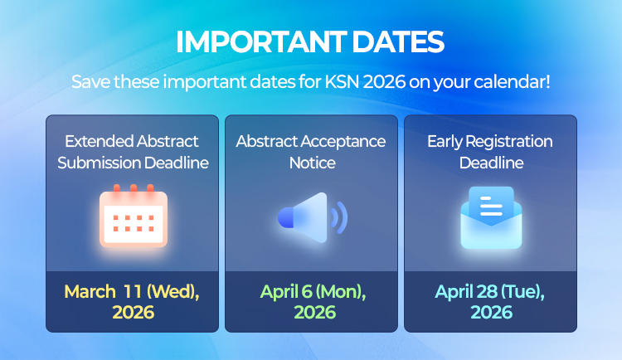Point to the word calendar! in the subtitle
(x=513, y=83)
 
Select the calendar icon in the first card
(x=133, y=217)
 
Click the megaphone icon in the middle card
(x=304, y=218)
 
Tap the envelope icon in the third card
(x=491, y=219)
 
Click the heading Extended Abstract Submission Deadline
(x=133, y=152)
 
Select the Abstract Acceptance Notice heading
(x=311, y=152)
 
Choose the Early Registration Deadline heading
(x=491, y=152)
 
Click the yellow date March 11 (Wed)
(x=133, y=292)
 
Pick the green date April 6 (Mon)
(x=313, y=292)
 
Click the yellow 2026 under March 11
(x=133, y=313)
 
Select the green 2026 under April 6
(x=313, y=313)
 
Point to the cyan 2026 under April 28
(x=491, y=313)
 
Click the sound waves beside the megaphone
(x=338, y=218)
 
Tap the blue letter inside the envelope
(x=491, y=203)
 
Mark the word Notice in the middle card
(x=312, y=163)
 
